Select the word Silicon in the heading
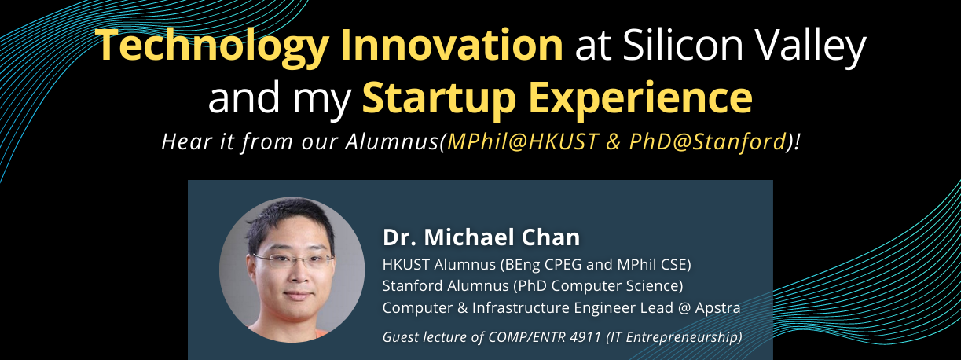(x=683, y=45)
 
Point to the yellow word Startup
(x=438, y=99)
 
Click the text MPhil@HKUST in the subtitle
(x=523, y=141)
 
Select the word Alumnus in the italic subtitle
(x=392, y=141)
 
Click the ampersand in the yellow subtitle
(x=614, y=142)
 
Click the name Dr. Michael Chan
(x=482, y=237)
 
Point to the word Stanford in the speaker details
(x=413, y=286)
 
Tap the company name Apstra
(x=717, y=308)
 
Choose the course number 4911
(x=585, y=337)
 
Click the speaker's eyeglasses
(x=294, y=260)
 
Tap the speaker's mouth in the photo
(x=298, y=296)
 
